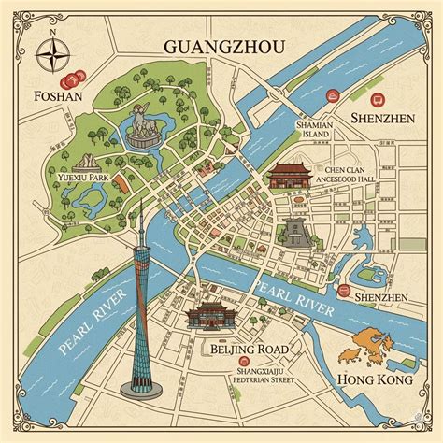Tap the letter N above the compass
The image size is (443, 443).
[x=53, y=31]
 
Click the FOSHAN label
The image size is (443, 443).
[x=55, y=94]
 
